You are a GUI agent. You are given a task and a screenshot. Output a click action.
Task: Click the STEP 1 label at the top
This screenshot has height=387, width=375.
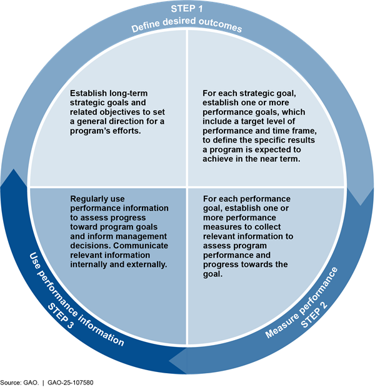pyautogui.click(x=187, y=9)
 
